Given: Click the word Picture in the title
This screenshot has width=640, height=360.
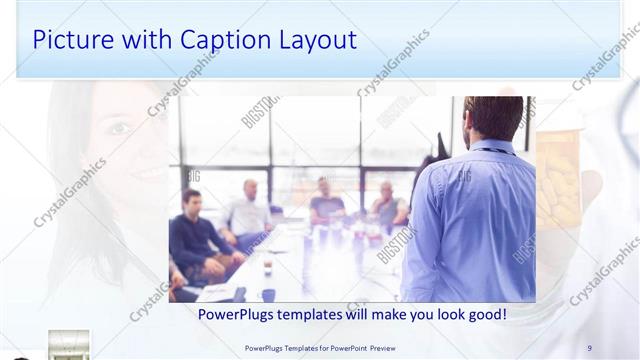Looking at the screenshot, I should click(71, 40).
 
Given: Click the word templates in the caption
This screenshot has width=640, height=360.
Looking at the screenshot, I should click(325, 314).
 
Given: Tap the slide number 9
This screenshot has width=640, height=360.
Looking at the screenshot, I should click(589, 348).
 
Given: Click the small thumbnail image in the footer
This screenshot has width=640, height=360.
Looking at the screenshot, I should click(69, 344).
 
